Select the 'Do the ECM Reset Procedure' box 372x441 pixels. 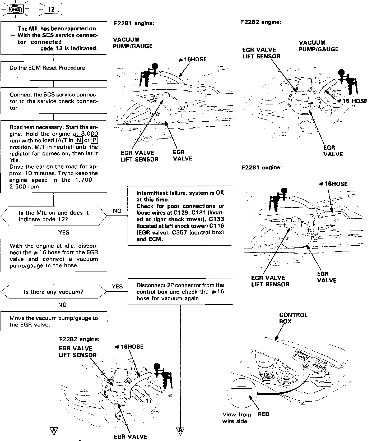click(x=54, y=70)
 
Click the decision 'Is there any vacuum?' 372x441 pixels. click(x=54, y=292)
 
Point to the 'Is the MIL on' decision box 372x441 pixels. click(x=54, y=216)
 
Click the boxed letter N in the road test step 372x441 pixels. click(x=78, y=140)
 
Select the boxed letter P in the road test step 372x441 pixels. click(x=94, y=140)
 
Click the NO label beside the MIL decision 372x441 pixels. click(x=117, y=211)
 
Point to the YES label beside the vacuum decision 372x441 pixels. click(x=117, y=287)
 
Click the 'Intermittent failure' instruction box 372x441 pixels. click(x=180, y=215)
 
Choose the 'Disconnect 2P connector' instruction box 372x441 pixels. click(x=180, y=291)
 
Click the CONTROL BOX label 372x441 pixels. click(x=293, y=318)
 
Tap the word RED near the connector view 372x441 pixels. click(x=263, y=414)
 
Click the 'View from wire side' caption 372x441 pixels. click(x=236, y=418)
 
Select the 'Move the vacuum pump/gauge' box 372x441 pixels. click(x=54, y=321)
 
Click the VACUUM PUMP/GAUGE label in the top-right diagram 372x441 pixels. click(x=318, y=46)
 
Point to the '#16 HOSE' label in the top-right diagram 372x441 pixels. click(x=352, y=101)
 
